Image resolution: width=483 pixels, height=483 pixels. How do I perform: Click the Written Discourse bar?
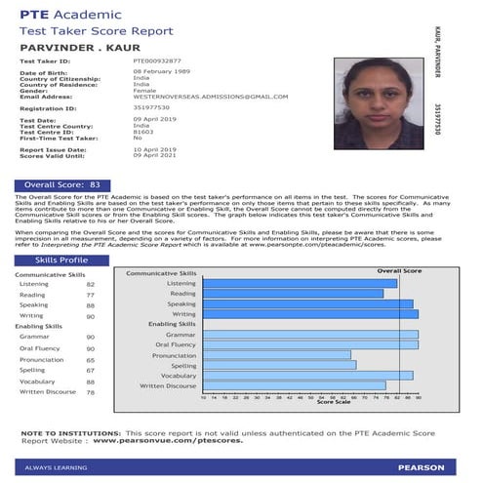294,385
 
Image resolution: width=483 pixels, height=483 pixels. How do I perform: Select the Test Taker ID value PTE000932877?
157,60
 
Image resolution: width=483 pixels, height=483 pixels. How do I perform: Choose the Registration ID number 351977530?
151,108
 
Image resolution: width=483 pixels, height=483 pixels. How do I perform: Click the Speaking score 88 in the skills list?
91,304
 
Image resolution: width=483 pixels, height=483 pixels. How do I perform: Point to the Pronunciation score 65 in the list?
91,359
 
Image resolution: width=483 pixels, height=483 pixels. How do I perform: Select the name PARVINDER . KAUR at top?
67,45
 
